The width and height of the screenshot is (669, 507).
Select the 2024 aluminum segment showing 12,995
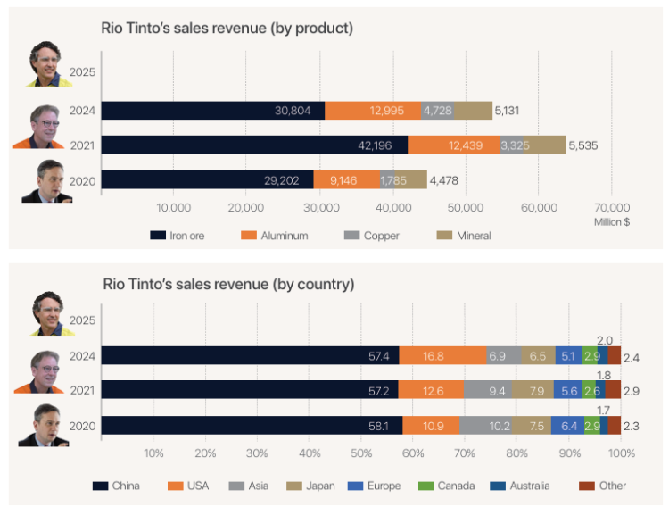coord(372,110)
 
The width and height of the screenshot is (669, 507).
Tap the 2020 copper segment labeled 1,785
coord(392,180)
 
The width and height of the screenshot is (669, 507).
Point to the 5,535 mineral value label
coord(586,145)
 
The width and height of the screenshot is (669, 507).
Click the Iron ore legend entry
coord(178,236)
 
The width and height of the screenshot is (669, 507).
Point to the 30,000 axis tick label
coord(319,208)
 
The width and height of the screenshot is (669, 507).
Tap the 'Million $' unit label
coord(612,221)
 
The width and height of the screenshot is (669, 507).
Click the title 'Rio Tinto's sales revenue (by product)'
coord(227,29)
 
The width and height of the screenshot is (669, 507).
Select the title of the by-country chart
coord(228,285)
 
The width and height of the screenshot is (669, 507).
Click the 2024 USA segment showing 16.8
coord(443,355)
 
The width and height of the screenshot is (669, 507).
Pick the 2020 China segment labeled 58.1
coord(252,425)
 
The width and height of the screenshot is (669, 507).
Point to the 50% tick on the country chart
coord(361,453)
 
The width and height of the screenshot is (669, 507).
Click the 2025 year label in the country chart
coord(82,320)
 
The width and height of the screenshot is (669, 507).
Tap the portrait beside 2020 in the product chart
coord(50,180)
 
